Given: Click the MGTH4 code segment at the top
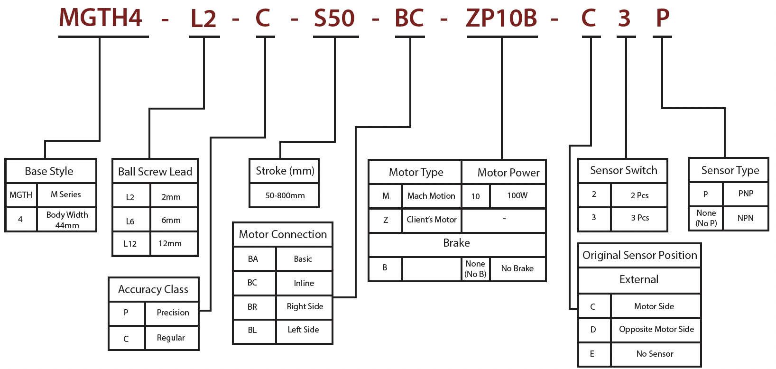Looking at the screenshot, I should (x=101, y=18).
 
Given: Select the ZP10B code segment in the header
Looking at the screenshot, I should (x=501, y=18).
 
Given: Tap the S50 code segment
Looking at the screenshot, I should (x=334, y=18).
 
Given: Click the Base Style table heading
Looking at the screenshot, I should (x=49, y=171).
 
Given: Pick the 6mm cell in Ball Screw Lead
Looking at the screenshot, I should (x=171, y=220).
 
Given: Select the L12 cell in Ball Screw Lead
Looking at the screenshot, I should (x=130, y=244).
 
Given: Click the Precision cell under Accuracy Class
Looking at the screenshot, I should (x=173, y=313).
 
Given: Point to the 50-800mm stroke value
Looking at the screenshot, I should (x=285, y=195).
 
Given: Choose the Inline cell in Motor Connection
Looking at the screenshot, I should (x=304, y=283).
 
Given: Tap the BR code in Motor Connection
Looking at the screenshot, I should (x=252, y=307).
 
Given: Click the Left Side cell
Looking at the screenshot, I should (x=304, y=330).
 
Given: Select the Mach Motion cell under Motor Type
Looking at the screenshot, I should (x=431, y=196).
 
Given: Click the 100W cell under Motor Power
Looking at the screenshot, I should (x=517, y=195).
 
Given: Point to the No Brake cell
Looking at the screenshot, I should (x=517, y=268).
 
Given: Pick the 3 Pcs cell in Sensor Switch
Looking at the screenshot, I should (x=640, y=218).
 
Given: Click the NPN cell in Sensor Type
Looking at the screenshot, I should (x=746, y=218).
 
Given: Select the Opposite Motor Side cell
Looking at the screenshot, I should (x=656, y=329).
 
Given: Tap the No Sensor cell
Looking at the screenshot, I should (x=655, y=354).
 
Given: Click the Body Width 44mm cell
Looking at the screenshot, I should (x=67, y=220).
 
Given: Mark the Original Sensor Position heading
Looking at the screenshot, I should (x=639, y=255).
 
